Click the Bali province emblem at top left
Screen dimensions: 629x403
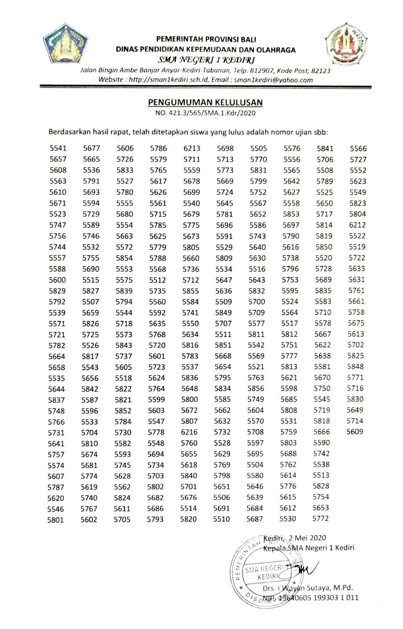click(65, 44)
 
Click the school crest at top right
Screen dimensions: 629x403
click(346, 44)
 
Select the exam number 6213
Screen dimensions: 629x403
click(192, 148)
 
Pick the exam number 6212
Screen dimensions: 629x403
click(357, 225)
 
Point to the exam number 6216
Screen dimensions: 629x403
click(189, 432)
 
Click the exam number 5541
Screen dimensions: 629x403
click(58, 148)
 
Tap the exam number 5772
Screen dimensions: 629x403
click(320, 518)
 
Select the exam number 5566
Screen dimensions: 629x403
click(358, 148)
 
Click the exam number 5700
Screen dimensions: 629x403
click(256, 302)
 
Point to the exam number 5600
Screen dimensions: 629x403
click(57, 280)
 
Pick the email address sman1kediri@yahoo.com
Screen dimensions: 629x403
click(273, 80)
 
